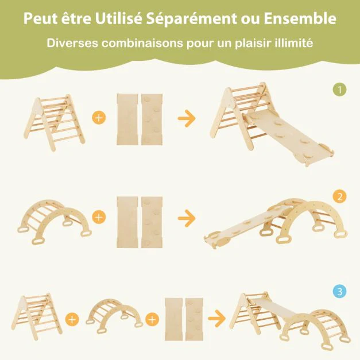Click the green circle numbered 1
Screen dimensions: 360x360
point(340,90)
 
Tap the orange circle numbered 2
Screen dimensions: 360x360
point(340,197)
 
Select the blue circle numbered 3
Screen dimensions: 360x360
point(340,292)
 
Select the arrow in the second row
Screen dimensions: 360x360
point(187,219)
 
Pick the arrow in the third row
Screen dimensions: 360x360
point(217,317)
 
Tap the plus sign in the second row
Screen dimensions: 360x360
point(99,218)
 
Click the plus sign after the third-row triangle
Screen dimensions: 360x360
point(72,318)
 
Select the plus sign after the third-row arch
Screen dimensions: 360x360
point(152,318)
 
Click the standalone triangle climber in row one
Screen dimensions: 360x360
point(56,121)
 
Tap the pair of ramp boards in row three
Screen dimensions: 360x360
point(184,317)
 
